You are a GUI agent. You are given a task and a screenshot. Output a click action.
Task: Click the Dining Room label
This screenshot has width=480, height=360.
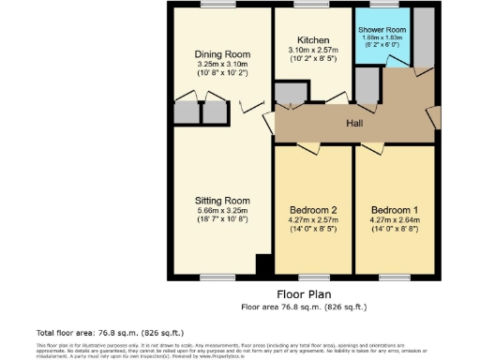(222, 54)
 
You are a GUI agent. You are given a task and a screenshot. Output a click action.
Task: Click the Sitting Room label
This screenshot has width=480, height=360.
(222, 201)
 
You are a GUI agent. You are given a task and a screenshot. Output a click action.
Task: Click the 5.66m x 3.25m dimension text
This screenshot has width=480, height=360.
(222, 211)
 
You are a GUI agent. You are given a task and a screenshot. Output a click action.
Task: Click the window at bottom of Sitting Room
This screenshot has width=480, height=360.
(219, 277)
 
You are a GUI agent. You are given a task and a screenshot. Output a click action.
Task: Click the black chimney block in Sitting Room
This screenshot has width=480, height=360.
(263, 264)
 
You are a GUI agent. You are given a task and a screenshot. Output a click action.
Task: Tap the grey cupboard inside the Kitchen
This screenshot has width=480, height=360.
(292, 94)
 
